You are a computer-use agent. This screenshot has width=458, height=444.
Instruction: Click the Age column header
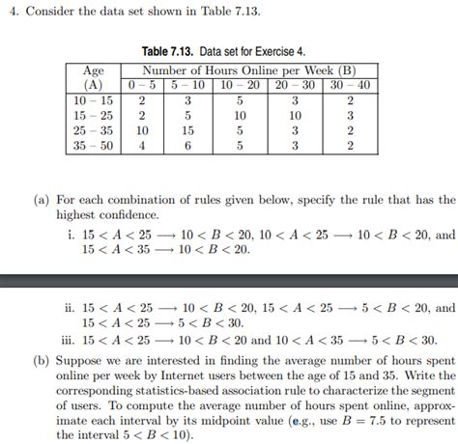pos(94,70)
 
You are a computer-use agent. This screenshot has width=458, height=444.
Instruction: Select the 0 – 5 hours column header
pos(142,85)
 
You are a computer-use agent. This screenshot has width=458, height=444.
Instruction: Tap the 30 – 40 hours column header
pos(350,85)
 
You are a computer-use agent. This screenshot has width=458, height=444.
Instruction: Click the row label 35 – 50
pos(94,146)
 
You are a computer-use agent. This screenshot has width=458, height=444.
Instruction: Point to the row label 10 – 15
pos(94,99)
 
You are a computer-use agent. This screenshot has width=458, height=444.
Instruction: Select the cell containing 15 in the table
pos(189,130)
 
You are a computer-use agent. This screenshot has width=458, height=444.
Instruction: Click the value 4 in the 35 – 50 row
pos(142,146)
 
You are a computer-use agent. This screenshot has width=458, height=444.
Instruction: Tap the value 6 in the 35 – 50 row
pos(189,146)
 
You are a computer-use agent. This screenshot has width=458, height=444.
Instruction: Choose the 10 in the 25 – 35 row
pos(142,130)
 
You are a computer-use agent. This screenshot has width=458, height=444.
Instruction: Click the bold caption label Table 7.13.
pos(169,49)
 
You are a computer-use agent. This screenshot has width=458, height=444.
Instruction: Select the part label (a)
pos(41,200)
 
